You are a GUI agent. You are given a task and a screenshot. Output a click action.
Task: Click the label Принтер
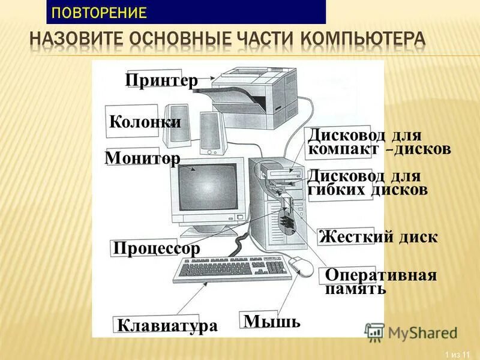coord(161,80)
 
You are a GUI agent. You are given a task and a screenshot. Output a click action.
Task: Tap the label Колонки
coord(145,122)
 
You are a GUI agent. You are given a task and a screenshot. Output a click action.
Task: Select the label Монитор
coord(142,158)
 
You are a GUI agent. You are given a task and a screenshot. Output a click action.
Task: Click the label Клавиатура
coord(167,326)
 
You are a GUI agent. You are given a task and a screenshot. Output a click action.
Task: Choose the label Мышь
coord(271,321)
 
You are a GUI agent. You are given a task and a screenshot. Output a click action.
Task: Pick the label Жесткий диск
coord(378,236)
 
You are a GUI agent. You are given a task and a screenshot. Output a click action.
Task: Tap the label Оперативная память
coord(380,281)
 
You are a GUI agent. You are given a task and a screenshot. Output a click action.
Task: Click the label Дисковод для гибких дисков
coord(367,183)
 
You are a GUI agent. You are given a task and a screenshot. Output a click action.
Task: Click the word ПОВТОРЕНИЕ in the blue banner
coord(99,12)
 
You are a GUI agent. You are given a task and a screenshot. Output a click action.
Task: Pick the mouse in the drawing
coord(301,266)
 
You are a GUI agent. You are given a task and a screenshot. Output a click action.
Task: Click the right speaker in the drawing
coord(212,132)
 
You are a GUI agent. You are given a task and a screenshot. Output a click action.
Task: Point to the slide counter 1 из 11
coord(457,352)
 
